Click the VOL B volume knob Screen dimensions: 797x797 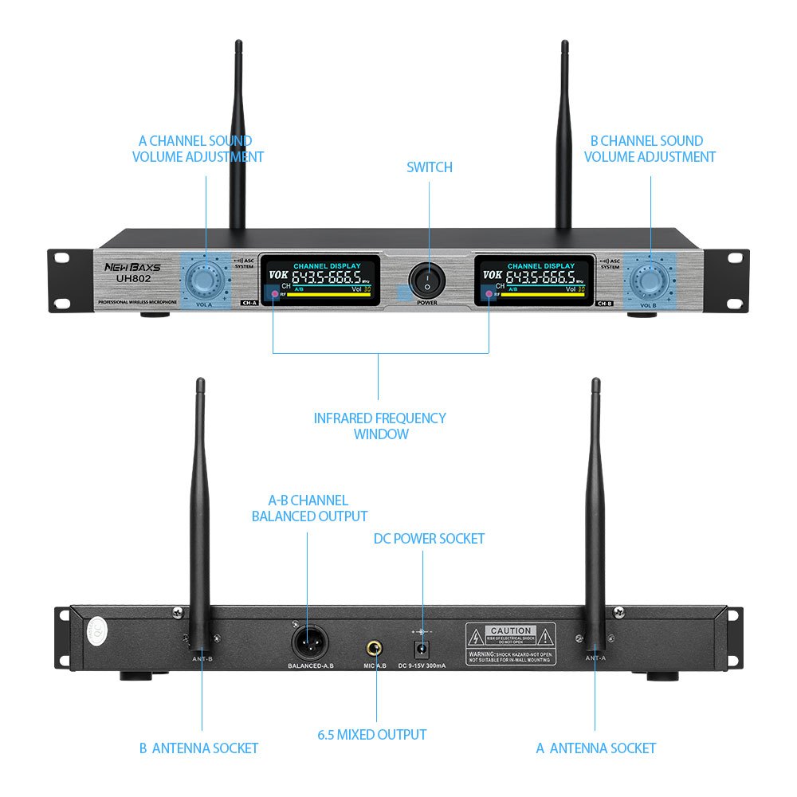(x=650, y=280)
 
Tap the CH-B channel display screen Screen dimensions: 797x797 (x=534, y=281)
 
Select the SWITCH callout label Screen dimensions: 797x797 (x=430, y=167)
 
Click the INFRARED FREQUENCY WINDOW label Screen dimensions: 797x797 (x=379, y=426)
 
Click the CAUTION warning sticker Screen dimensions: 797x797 (x=510, y=644)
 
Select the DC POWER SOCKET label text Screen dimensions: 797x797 (x=429, y=539)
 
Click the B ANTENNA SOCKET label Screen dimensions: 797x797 (x=198, y=748)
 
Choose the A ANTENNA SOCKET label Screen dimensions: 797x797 (x=595, y=748)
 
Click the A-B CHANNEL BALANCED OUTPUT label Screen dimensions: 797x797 (x=309, y=508)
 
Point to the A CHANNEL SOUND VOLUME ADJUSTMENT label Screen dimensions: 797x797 (x=198, y=149)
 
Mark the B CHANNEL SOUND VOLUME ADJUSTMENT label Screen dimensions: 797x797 (x=650, y=149)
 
